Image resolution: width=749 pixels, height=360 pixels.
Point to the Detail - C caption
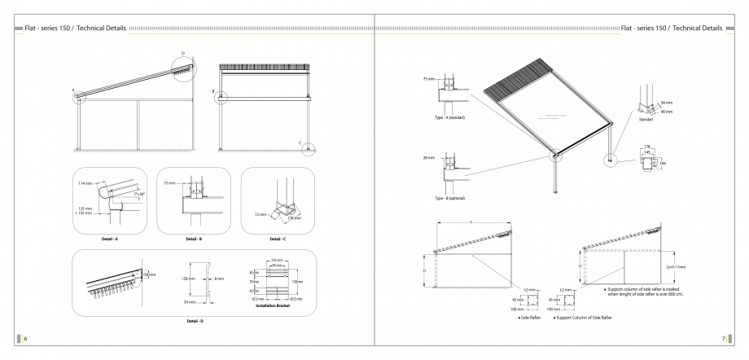coord(276,239)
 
